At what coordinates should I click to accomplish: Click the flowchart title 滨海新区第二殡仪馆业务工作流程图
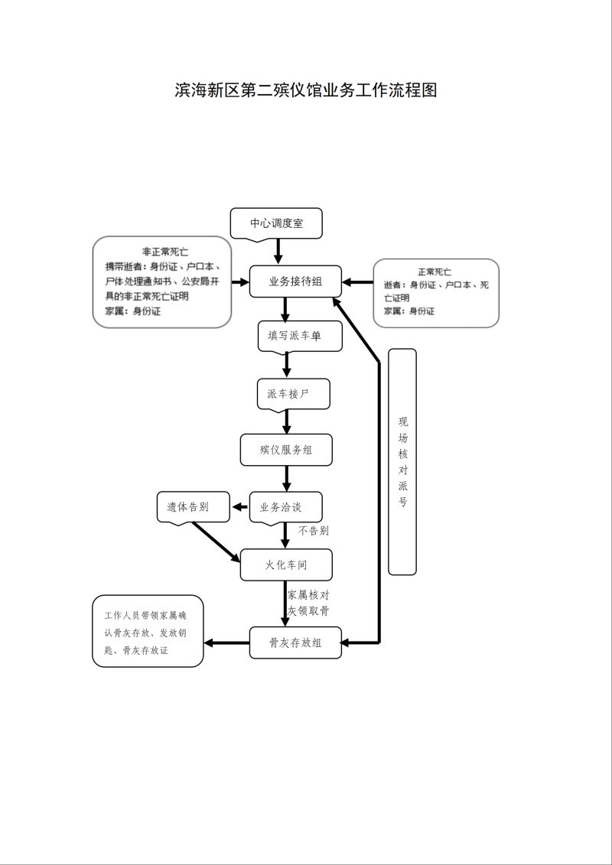tap(306, 90)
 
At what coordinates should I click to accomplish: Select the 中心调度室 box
tap(276, 223)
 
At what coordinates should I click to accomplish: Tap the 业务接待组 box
tap(295, 281)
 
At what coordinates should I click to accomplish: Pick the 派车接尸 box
tap(294, 394)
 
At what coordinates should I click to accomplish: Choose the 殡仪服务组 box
tap(286, 450)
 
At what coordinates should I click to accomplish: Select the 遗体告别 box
tap(193, 507)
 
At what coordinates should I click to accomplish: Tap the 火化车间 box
tap(286, 564)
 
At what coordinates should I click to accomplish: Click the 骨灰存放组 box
tap(295, 642)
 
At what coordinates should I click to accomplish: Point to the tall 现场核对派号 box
tap(402, 462)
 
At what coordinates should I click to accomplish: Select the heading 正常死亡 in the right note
tap(435, 272)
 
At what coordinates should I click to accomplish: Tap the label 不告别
tap(314, 531)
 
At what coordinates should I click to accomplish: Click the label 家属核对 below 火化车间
tap(308, 595)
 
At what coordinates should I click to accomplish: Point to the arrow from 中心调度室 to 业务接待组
tap(278, 252)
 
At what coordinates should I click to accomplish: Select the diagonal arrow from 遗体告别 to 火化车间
tap(216, 542)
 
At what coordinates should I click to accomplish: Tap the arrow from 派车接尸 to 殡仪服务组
tap(286, 421)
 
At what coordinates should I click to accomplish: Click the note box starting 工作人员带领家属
tap(148, 630)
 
